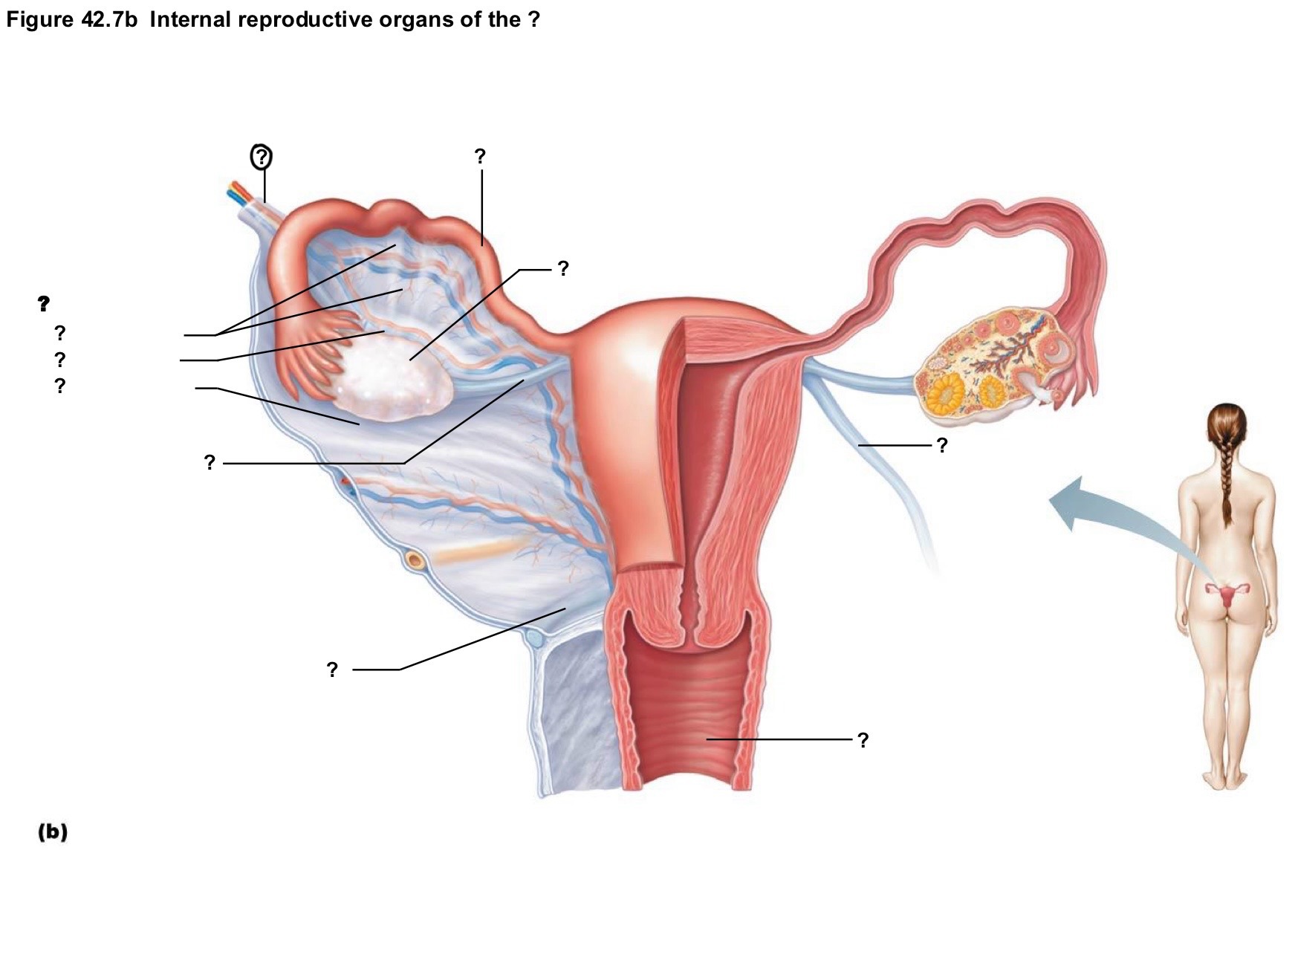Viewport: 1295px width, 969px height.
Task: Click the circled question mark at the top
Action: tap(261, 157)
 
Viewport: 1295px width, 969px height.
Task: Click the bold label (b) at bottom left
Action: tap(53, 832)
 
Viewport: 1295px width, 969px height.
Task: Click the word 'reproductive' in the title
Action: tap(306, 20)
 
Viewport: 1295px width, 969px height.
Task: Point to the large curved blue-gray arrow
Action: tap(1114, 513)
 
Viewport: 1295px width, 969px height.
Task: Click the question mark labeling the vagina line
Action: tap(862, 740)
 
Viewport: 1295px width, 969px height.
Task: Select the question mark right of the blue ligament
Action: tap(942, 445)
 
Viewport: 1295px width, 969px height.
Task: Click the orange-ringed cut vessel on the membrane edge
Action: tap(415, 560)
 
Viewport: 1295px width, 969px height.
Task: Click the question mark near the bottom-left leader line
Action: tap(332, 670)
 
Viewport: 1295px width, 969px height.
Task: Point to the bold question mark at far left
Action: tap(44, 303)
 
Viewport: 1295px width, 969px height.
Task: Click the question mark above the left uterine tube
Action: tap(480, 156)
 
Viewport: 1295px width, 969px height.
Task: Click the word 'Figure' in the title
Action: tap(38, 20)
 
